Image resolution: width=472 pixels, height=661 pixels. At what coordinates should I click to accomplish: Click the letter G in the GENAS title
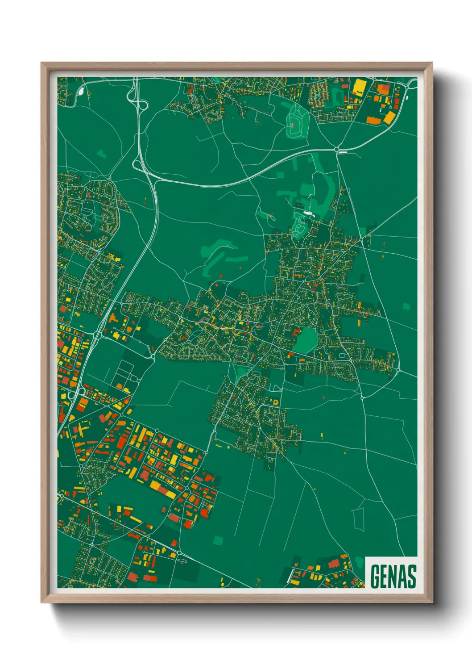pos(376,577)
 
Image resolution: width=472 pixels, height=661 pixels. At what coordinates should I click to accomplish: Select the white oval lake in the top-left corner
pos(81,91)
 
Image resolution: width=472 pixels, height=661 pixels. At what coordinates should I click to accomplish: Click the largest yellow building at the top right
pos(359,87)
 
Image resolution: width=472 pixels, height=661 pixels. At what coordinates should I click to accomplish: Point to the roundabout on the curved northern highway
pos(337,149)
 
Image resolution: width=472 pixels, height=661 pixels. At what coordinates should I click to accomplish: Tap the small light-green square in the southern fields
pos(218,540)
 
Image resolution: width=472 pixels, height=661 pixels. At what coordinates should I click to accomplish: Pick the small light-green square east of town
pos(406,306)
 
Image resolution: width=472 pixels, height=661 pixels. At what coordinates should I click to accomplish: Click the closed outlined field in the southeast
pos(359,519)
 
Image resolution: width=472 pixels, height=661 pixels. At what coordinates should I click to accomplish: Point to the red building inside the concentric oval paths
pos(293,126)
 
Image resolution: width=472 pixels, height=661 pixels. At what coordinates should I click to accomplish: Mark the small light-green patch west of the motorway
pos(101,155)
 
